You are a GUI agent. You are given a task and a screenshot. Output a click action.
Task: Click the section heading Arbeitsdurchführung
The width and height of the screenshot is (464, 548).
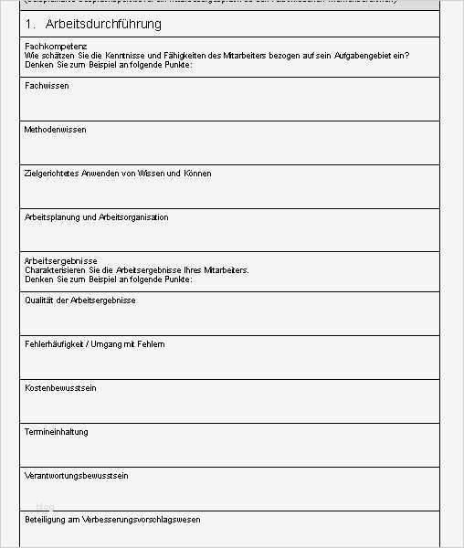pos(103,24)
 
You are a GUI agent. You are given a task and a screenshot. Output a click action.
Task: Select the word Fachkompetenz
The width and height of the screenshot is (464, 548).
pos(56,46)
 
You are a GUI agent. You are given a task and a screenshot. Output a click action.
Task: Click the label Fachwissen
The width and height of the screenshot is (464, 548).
pos(47,86)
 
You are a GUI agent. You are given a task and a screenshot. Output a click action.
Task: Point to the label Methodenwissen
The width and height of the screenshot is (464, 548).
pos(56,130)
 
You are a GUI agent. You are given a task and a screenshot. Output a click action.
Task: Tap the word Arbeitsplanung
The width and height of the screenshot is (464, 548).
pos(53,217)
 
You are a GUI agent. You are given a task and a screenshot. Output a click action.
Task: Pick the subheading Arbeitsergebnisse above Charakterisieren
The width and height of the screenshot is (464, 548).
pos(60,261)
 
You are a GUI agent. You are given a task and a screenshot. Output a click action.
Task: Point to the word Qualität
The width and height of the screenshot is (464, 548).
pos(39,300)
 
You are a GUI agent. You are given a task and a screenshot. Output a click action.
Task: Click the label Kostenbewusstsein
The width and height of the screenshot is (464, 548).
pos(60,388)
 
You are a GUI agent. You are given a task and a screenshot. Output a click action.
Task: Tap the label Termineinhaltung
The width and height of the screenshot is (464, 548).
pos(57,432)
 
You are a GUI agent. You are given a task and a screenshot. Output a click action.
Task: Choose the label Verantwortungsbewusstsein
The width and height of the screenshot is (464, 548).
pos(76,476)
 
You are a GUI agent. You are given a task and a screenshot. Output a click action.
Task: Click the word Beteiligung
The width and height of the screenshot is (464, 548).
pos(47,520)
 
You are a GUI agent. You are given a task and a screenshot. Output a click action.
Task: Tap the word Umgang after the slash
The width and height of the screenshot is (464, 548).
pos(114,344)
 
